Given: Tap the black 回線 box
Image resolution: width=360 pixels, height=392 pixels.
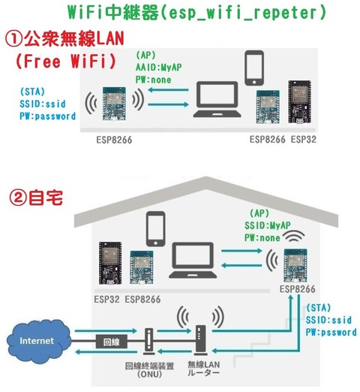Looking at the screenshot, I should click(x=109, y=342).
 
